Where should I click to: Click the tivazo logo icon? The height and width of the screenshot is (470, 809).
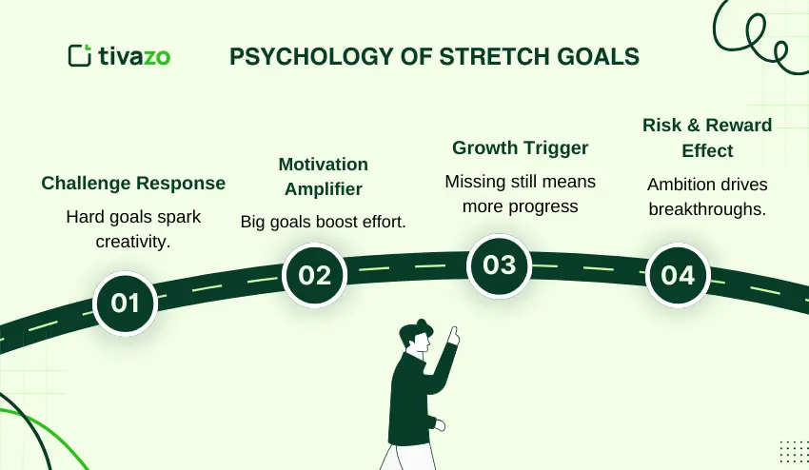click(x=80, y=55)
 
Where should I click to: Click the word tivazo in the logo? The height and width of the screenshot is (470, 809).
click(x=134, y=56)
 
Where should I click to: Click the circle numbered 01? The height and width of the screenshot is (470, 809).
click(x=126, y=303)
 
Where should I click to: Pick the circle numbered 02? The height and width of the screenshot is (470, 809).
click(x=314, y=275)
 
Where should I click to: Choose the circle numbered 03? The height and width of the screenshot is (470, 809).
click(x=499, y=264)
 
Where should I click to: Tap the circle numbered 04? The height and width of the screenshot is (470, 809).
click(x=678, y=275)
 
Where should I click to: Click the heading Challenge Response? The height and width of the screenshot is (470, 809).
click(x=133, y=183)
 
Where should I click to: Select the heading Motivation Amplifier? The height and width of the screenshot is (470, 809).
click(x=323, y=176)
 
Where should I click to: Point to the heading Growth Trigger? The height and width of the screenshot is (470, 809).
click(x=520, y=147)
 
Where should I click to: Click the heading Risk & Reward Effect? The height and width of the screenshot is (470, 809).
click(x=707, y=138)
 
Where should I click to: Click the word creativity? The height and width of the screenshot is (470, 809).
click(x=133, y=241)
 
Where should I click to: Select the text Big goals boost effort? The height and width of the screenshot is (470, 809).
click(x=323, y=222)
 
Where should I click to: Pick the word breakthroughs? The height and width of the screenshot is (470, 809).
click(x=707, y=208)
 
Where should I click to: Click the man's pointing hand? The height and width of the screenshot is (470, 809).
click(x=454, y=337)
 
